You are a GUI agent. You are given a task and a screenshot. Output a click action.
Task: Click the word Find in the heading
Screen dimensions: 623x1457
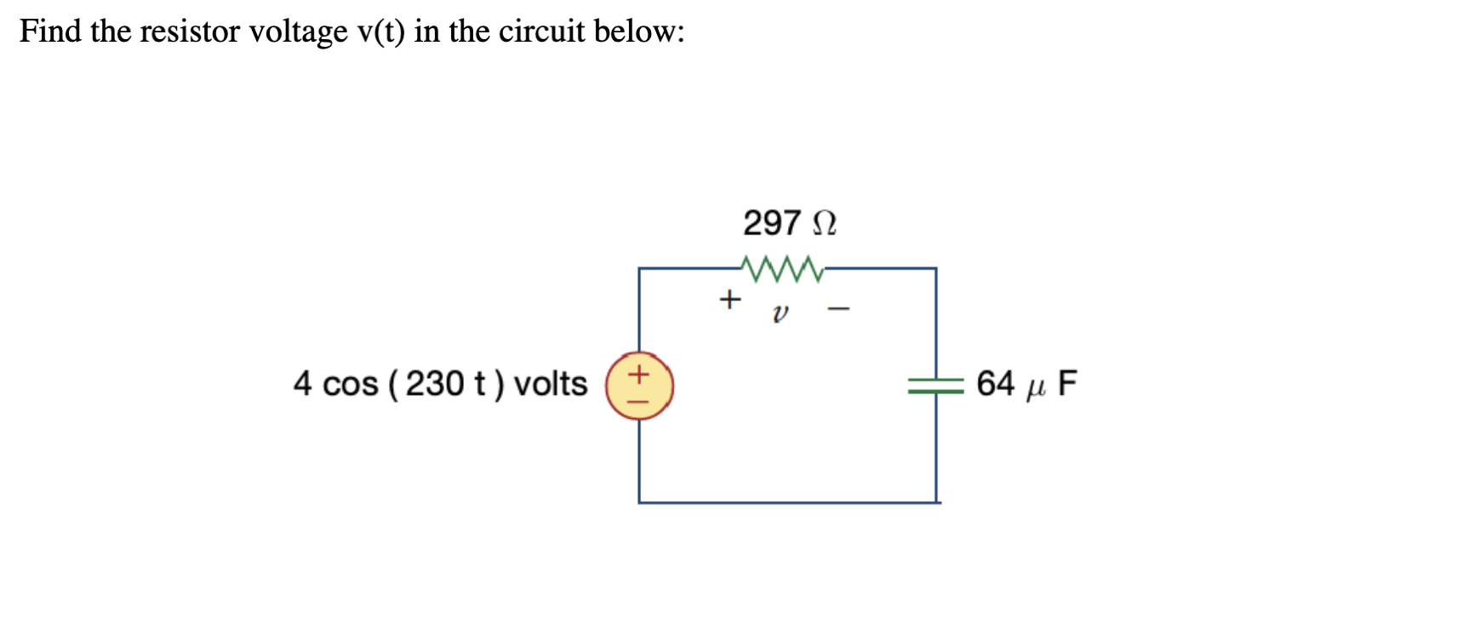[50, 31]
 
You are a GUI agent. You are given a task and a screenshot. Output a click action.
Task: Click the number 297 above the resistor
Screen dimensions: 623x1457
[771, 223]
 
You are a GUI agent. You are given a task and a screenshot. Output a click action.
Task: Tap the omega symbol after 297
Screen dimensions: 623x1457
[825, 224]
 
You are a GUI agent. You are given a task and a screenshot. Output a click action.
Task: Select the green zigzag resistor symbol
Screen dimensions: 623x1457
[782, 269]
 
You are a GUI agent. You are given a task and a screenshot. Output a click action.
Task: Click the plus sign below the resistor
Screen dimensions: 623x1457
[729, 300]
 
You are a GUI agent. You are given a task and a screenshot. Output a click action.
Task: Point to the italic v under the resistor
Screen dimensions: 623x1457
[780, 313]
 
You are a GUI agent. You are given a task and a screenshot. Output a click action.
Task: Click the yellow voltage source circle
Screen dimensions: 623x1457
[639, 386]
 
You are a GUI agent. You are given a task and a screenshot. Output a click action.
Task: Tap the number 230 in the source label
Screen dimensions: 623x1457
[434, 384]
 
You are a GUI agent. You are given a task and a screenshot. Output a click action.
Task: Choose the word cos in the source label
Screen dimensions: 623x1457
[350, 385]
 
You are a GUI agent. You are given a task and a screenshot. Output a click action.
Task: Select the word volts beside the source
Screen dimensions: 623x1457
[550, 384]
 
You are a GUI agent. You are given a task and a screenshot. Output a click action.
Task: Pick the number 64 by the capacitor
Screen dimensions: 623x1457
[995, 384]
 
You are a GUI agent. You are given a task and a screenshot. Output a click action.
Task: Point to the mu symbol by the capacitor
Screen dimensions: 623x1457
[1035, 388]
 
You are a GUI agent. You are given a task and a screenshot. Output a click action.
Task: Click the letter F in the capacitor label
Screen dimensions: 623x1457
[1067, 384]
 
